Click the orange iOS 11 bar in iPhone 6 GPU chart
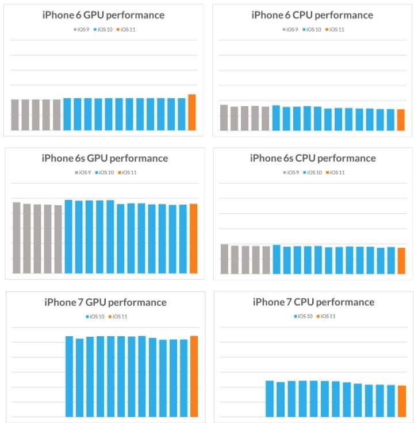tap(192, 112)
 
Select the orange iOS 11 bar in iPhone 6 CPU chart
tap(401, 120)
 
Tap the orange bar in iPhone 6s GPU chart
tap(193, 239)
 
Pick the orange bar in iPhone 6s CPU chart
tap(401, 260)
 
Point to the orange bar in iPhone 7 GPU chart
tap(194, 376)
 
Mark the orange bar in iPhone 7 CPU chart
tap(402, 401)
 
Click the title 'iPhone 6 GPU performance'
tap(103, 15)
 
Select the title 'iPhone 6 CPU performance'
tap(312, 15)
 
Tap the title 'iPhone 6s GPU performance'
tap(105, 158)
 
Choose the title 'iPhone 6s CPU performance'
tap(313, 158)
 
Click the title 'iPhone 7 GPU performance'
tap(105, 302)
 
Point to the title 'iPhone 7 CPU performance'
tap(313, 302)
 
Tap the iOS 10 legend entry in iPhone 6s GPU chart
tap(105, 172)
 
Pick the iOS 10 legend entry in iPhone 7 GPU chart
tap(96, 316)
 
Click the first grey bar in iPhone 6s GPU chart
tap(16, 237)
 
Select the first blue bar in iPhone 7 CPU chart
tap(269, 398)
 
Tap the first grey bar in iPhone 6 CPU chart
tap(224, 117)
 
